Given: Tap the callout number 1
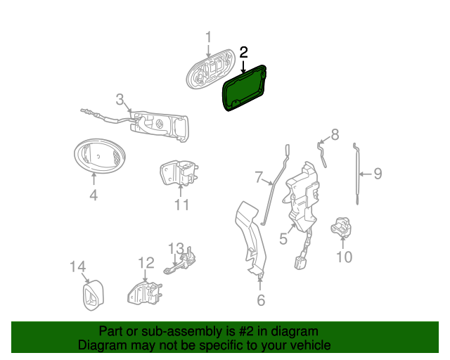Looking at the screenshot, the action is click(208, 37).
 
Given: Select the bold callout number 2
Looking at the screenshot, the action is click(243, 53).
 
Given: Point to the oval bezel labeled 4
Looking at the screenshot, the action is click(100, 156).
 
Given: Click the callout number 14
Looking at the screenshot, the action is click(78, 266).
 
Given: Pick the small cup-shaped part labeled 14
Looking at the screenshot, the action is click(94, 295).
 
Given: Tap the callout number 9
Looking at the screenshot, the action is click(378, 174).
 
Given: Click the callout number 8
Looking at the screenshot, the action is click(335, 134).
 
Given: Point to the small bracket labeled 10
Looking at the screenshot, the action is click(341, 227).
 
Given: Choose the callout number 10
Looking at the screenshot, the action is click(344, 257).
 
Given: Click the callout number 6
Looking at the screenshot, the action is click(261, 300).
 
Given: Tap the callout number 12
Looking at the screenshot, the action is click(146, 262).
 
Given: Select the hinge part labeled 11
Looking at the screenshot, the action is click(179, 173).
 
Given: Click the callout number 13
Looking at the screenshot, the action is click(176, 248).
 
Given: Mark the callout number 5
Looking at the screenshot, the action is click(283, 239).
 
